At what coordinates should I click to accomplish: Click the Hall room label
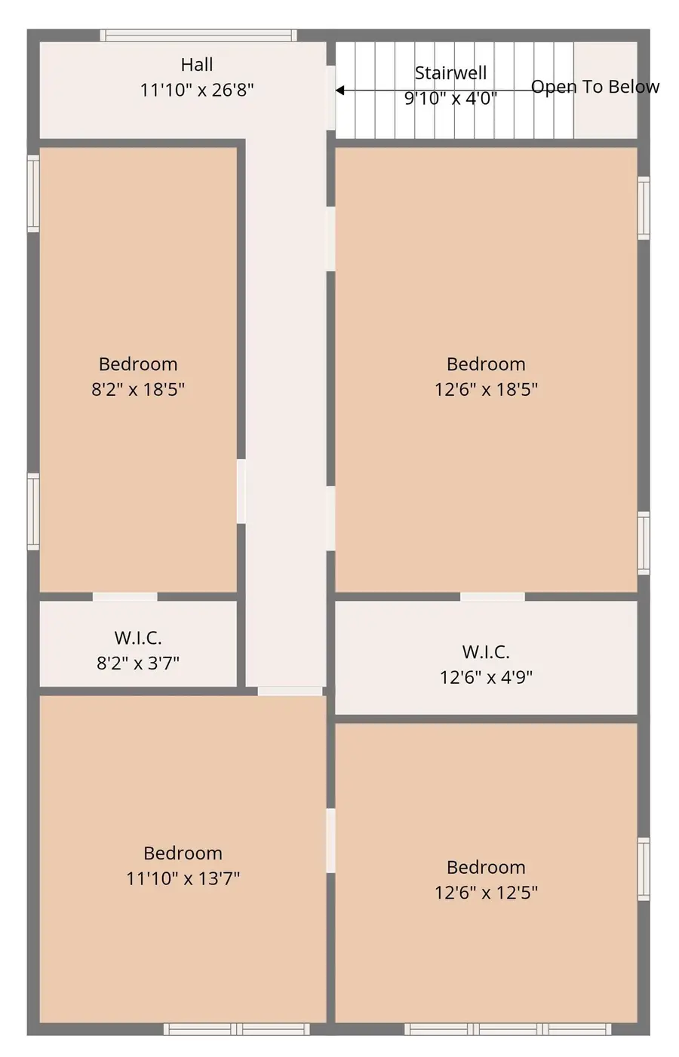pyautogui.click(x=197, y=65)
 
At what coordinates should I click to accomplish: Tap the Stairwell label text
pyautogui.click(x=450, y=73)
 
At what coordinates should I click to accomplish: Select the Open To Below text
pyautogui.click(x=595, y=87)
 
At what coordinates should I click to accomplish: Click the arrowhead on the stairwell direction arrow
pyautogui.click(x=340, y=90)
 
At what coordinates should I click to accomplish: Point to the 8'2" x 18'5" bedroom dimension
pyautogui.click(x=138, y=389)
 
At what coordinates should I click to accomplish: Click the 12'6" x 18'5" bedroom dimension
pyautogui.click(x=486, y=389)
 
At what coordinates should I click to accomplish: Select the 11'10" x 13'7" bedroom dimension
pyautogui.click(x=183, y=878)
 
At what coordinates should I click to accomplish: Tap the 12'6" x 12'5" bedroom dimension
pyautogui.click(x=486, y=893)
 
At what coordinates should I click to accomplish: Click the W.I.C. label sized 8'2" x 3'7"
pyautogui.click(x=138, y=638)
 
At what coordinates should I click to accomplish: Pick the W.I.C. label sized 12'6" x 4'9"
pyautogui.click(x=486, y=652)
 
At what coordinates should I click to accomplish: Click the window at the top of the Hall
pyautogui.click(x=198, y=35)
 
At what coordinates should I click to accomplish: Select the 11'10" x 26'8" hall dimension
pyautogui.click(x=197, y=90)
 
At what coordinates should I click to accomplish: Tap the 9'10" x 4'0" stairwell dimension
pyautogui.click(x=450, y=98)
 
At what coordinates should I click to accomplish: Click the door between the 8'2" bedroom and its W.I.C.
pyautogui.click(x=125, y=597)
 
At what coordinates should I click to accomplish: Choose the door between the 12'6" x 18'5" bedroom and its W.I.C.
pyautogui.click(x=492, y=597)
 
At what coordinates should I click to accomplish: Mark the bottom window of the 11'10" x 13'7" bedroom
pyautogui.click(x=237, y=1029)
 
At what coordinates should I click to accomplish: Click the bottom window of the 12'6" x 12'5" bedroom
pyautogui.click(x=508, y=1029)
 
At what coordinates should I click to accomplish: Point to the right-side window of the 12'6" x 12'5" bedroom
pyautogui.click(x=644, y=869)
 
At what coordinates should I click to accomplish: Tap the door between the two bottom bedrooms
pyautogui.click(x=330, y=841)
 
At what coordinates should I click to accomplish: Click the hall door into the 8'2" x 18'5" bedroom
pyautogui.click(x=241, y=492)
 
